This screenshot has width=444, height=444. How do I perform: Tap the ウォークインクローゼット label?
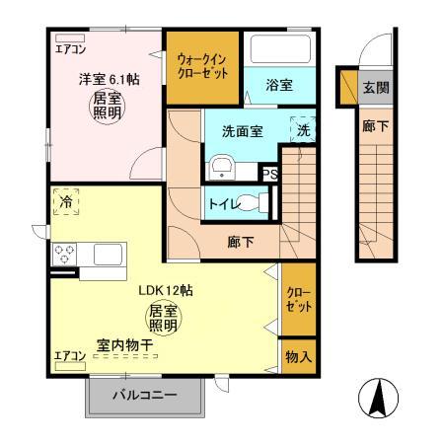point(201,65)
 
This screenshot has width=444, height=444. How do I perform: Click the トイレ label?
point(222,203)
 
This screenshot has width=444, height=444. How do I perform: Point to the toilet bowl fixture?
point(259,202)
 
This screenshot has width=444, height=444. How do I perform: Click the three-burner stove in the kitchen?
point(67,255)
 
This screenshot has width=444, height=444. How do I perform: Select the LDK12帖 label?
point(163,291)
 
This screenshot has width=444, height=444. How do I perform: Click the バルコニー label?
point(144,397)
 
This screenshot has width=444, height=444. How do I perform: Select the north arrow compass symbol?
point(380,400)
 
